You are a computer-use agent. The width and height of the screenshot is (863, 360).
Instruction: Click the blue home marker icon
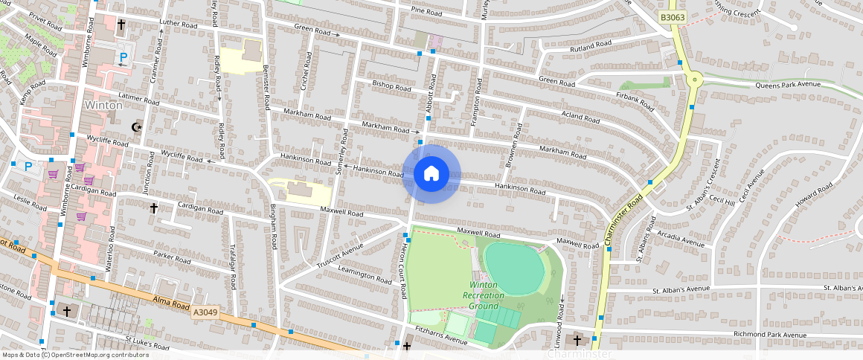pyautogui.click(x=431, y=174)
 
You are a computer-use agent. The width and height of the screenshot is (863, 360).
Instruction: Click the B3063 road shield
pyautogui.click(x=672, y=17)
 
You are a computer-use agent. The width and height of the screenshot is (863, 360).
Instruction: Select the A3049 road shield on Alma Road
pyautogui.click(x=205, y=312)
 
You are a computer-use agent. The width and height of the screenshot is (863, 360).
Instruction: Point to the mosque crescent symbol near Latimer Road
pyautogui.click(x=135, y=127)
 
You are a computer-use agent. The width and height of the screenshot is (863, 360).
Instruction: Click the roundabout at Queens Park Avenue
pyautogui.click(x=695, y=79)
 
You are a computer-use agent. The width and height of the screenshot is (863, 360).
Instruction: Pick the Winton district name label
pyautogui.click(x=103, y=105)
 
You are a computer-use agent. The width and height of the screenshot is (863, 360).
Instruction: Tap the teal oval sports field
pyautogui.click(x=513, y=269)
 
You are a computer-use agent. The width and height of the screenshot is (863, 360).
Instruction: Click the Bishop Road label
pyautogui.click(x=391, y=86)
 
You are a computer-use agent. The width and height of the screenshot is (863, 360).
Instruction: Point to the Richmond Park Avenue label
pyautogui.click(x=769, y=335)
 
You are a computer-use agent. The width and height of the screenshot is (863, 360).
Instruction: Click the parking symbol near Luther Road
pyautogui.click(x=124, y=57)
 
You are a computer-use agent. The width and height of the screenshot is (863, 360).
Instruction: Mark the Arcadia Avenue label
pyautogui.click(x=680, y=242)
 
